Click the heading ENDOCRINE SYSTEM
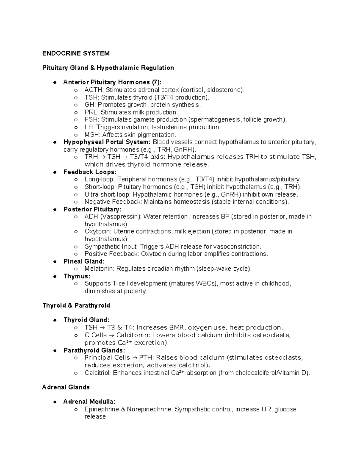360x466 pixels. pyautogui.click(x=76, y=53)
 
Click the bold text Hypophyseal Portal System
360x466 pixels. pyautogui.click(x=106, y=142)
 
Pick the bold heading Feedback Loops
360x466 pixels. pyautogui.click(x=90, y=172)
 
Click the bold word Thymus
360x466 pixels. pyautogui.click(x=76, y=276)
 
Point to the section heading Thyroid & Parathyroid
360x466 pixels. pyautogui.click(x=76, y=305)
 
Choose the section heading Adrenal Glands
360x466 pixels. pyautogui.click(x=66, y=387)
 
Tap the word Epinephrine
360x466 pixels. pyautogui.click(x=102, y=409)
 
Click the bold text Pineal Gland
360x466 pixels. pyautogui.click(x=84, y=261)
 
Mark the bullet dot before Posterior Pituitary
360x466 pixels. pyautogui.click(x=55, y=209)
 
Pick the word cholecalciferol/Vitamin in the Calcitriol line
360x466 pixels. pyautogui.click(x=268, y=373)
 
